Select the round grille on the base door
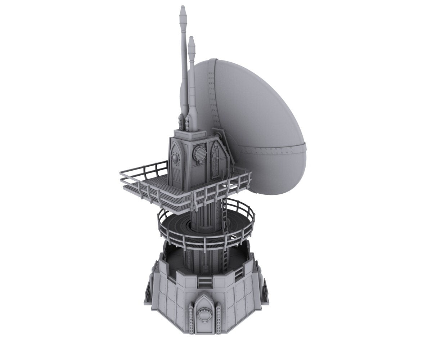click(203, 316)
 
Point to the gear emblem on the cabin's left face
click(175, 157)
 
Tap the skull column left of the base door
click(191, 319)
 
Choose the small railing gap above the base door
click(204, 282)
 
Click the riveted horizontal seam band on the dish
click(274, 149)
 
